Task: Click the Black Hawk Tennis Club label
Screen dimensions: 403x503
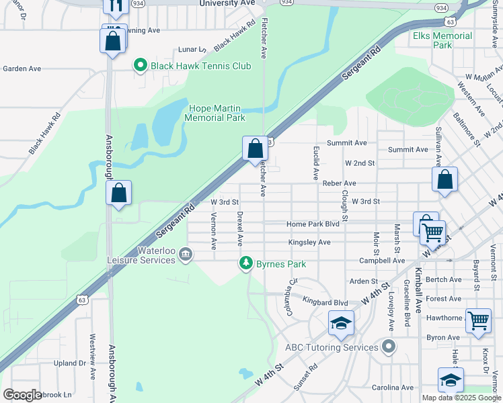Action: [200, 66]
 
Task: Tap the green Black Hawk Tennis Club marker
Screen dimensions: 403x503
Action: [141, 66]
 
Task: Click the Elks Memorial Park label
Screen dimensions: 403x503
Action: [442, 40]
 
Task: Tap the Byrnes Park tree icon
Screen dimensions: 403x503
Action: [247, 263]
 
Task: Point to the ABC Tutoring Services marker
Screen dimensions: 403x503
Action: [387, 347]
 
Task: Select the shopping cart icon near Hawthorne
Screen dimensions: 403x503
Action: [478, 321]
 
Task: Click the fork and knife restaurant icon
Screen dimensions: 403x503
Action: [115, 6]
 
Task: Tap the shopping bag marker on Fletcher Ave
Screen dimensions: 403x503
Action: [255, 148]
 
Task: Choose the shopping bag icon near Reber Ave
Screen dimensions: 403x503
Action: [444, 179]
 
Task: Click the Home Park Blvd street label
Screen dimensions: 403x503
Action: [313, 224]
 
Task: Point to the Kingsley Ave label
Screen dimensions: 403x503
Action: [309, 242]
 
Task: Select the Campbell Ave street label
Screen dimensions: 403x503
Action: [382, 261]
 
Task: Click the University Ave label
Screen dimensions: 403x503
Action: [228, 3]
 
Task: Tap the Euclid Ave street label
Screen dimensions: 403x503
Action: [315, 164]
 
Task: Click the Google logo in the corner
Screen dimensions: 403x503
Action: [22, 395]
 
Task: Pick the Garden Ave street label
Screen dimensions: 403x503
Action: [22, 69]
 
